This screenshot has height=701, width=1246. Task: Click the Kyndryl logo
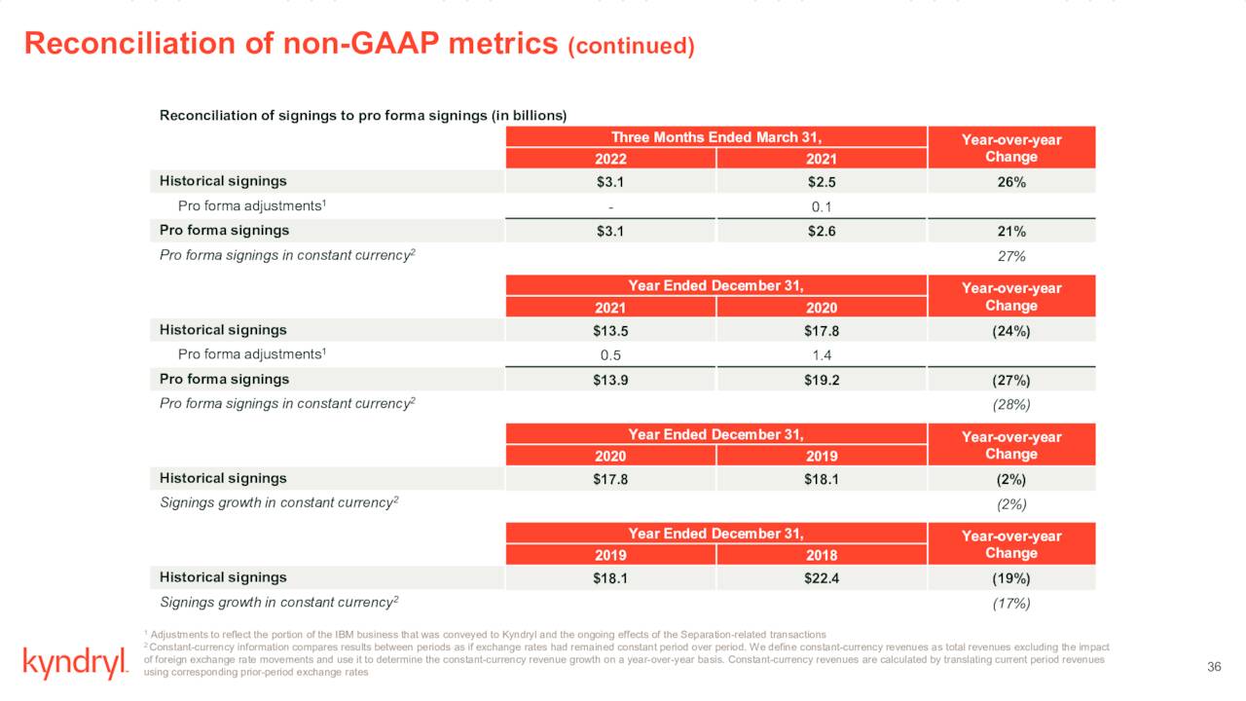tap(75, 664)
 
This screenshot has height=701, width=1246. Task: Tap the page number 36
tap(1213, 666)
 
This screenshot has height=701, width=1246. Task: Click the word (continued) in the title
tap(631, 46)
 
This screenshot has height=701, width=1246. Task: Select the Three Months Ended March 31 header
tap(716, 137)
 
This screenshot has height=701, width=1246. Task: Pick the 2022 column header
tap(610, 160)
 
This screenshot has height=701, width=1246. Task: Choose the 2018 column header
tap(822, 555)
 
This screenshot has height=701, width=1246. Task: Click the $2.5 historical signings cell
tap(822, 181)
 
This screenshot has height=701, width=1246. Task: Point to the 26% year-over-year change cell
tap(1011, 181)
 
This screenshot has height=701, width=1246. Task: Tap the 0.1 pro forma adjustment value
tap(822, 206)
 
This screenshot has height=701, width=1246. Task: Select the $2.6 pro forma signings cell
tap(822, 231)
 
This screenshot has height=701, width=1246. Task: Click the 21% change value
tap(1011, 231)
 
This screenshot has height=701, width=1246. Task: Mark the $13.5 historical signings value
tap(610, 330)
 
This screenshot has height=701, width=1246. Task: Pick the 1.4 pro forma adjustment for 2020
tap(822, 355)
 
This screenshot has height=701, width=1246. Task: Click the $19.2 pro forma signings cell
tap(822, 380)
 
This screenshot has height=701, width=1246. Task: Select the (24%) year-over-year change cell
tap(1011, 330)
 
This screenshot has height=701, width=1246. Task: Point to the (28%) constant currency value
tap(1011, 404)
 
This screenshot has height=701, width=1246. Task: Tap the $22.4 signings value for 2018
tap(822, 578)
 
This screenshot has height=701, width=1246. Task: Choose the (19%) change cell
tap(1011, 578)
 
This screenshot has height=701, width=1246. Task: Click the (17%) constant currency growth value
tap(1011, 603)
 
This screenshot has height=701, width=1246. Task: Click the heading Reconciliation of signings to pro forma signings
tap(362, 115)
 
